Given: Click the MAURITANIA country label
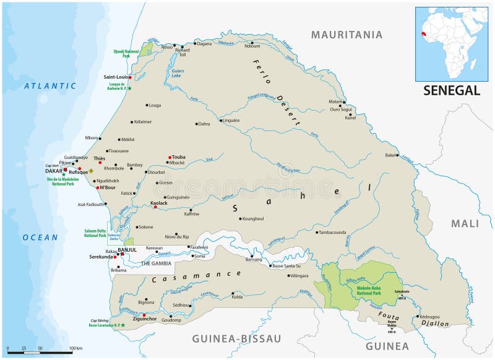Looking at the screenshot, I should [346, 35].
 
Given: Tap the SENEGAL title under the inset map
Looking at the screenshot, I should [452, 90].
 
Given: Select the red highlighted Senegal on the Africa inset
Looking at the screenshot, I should [424, 32].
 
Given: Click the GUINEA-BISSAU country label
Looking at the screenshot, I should [236, 338].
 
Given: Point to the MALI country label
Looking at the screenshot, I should [465, 223].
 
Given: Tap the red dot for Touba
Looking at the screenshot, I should [169, 157].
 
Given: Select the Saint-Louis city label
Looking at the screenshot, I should [115, 77].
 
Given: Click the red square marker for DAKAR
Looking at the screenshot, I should [66, 169].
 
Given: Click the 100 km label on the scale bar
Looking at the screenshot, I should [75, 349].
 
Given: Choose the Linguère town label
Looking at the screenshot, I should [231, 120].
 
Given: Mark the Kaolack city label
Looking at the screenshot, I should [159, 203].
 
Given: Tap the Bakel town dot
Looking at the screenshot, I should [397, 155].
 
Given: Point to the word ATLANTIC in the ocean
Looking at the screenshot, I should [50, 86].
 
